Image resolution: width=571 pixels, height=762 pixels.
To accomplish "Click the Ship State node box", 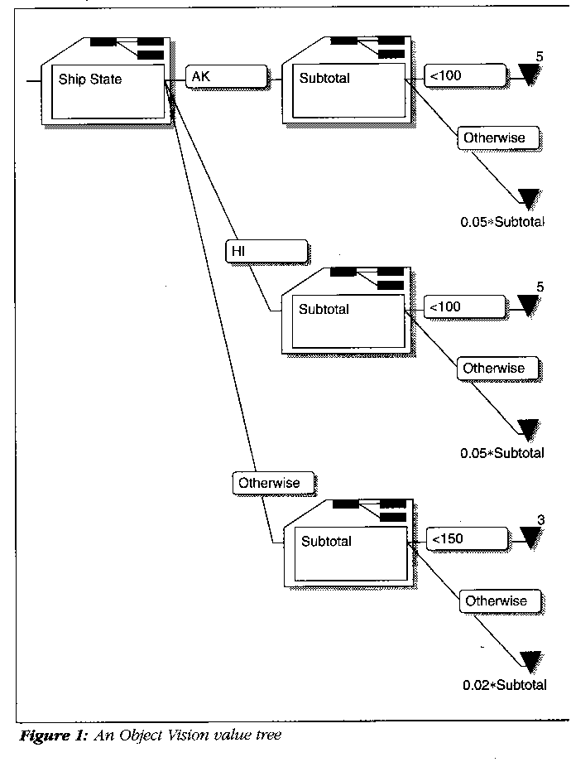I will (108, 91).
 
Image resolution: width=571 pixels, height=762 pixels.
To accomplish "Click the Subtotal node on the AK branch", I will (344, 90).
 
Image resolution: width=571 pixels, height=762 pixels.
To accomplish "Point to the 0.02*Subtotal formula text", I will (505, 685).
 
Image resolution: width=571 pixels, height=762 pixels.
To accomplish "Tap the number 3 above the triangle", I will (540, 519).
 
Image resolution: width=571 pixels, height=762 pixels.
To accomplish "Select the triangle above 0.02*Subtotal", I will (530, 660).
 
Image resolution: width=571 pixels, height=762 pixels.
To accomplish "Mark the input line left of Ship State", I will (33, 81).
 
